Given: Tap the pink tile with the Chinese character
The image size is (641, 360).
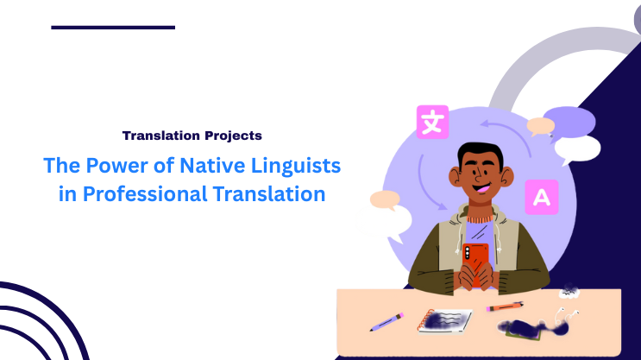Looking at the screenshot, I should [x=432, y=122].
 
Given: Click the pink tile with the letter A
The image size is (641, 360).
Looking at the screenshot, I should [x=541, y=197].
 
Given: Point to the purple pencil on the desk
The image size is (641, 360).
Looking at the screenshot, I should [x=386, y=322].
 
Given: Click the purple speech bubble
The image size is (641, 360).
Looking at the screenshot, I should [x=570, y=120].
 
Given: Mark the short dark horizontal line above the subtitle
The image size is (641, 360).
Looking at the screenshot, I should [x=112, y=28].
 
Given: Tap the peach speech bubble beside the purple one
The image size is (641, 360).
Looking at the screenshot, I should [x=541, y=126].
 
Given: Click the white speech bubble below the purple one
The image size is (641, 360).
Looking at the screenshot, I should [x=576, y=149].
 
